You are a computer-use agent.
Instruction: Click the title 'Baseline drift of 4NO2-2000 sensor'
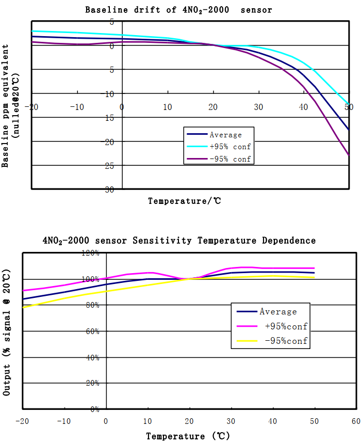click(178, 10)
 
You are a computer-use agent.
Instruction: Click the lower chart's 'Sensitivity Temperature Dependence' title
click(179, 241)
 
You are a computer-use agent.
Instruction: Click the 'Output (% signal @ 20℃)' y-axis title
click(7, 332)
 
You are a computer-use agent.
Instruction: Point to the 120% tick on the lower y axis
click(90, 253)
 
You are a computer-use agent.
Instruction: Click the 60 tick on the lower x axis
click(356, 421)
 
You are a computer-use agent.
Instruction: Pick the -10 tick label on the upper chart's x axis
click(77, 107)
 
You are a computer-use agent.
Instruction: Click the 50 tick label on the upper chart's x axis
click(349, 107)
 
